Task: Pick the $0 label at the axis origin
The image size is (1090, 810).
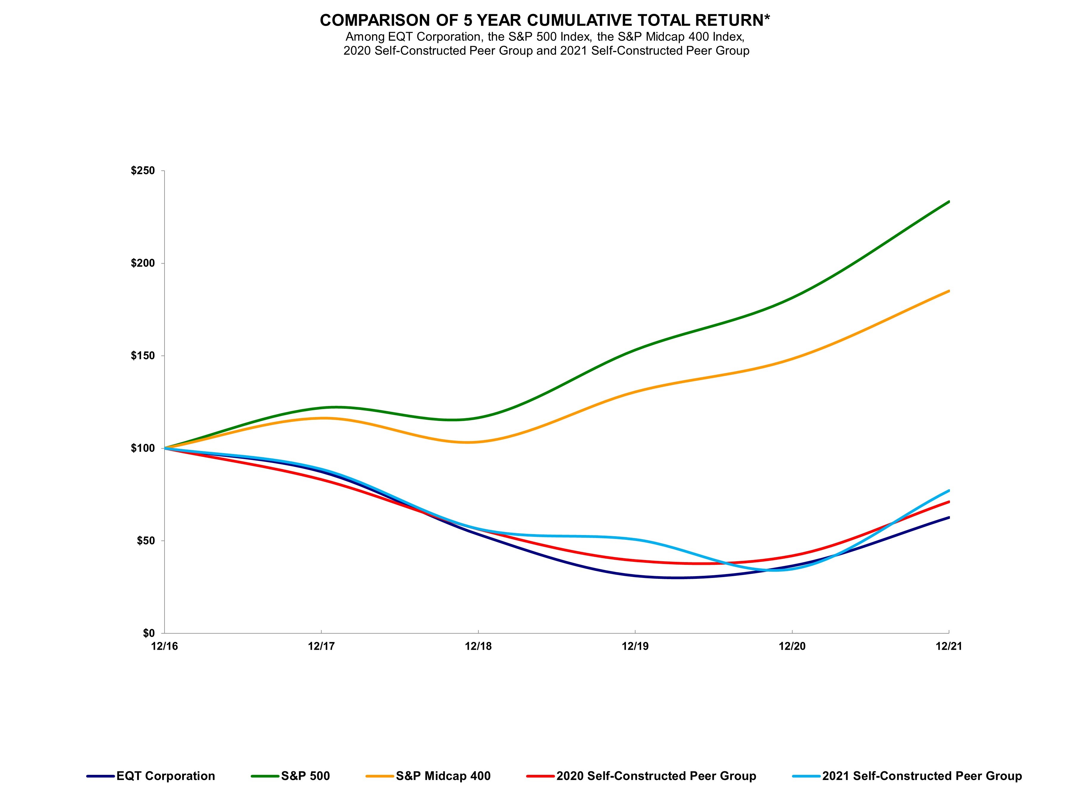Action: pos(149,633)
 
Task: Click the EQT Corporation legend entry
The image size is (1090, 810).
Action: pos(165,776)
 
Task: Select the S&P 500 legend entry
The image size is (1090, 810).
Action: pos(305,776)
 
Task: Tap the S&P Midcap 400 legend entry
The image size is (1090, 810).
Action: pos(443,776)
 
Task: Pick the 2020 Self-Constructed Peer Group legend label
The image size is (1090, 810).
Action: pos(656,776)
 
